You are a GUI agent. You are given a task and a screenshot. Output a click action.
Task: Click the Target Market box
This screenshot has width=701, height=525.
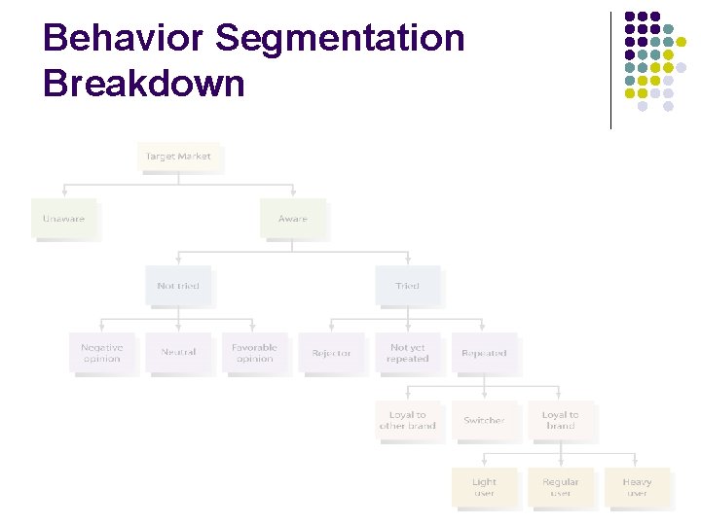(x=178, y=157)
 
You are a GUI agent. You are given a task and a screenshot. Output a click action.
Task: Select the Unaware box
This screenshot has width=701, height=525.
(x=63, y=219)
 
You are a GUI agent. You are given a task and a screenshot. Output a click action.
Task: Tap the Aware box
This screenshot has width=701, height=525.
(x=292, y=219)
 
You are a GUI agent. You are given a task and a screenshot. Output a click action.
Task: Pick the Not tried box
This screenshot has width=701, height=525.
(x=178, y=286)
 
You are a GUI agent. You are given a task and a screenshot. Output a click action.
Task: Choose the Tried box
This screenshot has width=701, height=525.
(x=407, y=286)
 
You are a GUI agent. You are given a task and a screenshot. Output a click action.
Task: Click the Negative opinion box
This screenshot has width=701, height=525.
(x=101, y=353)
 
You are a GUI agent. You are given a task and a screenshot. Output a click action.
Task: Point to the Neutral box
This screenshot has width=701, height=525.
(x=178, y=353)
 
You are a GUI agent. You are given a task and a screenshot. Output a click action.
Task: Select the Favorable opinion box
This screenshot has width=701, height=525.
(x=254, y=353)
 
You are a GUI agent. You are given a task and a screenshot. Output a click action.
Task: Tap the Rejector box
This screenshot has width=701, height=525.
(x=331, y=353)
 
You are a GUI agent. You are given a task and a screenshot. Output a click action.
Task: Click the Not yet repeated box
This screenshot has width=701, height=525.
(x=407, y=353)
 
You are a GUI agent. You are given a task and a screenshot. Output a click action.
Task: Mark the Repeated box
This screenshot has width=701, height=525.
(x=484, y=353)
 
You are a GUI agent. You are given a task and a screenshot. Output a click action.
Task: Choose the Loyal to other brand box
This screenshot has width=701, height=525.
(x=407, y=420)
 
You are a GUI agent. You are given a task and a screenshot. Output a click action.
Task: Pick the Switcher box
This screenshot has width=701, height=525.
(x=484, y=420)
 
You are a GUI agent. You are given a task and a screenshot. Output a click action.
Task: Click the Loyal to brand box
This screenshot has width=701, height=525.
(x=560, y=420)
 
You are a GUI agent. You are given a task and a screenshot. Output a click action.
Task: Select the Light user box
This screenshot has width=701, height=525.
(x=484, y=487)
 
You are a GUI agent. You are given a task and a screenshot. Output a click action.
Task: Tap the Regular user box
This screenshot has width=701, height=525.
(x=560, y=487)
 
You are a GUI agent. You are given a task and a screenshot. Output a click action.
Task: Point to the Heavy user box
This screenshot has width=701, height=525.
(x=637, y=487)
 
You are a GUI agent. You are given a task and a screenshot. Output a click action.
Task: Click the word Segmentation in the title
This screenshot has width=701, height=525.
(x=340, y=39)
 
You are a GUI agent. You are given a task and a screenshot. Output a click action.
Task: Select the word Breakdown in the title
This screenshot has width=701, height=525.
(x=144, y=84)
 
